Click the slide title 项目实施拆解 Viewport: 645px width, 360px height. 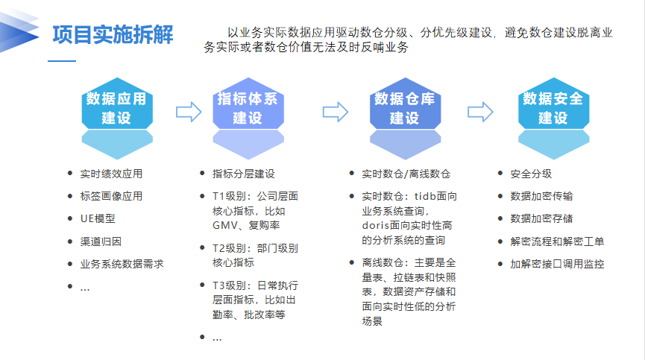113,34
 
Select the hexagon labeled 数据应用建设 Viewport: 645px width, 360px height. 116,108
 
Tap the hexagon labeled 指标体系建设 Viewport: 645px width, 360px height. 247,108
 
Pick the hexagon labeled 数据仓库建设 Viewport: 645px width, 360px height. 404,108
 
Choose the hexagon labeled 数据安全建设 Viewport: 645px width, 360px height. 553,108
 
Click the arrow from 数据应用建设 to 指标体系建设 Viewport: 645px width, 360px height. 189,112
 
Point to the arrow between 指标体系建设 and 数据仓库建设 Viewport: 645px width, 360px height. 336,112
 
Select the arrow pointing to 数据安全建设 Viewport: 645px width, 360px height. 481,112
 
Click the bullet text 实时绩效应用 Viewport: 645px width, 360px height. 111,174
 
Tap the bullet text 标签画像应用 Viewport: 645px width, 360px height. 111,197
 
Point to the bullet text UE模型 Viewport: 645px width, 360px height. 98,219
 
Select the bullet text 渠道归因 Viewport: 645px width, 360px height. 101,241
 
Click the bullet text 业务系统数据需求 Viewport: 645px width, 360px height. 122,264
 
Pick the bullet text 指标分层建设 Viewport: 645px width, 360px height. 244,174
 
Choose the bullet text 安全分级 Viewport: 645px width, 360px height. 531,174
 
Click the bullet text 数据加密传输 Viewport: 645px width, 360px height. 541,197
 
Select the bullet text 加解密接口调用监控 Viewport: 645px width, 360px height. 557,264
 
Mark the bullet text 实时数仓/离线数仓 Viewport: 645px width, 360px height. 406,174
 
